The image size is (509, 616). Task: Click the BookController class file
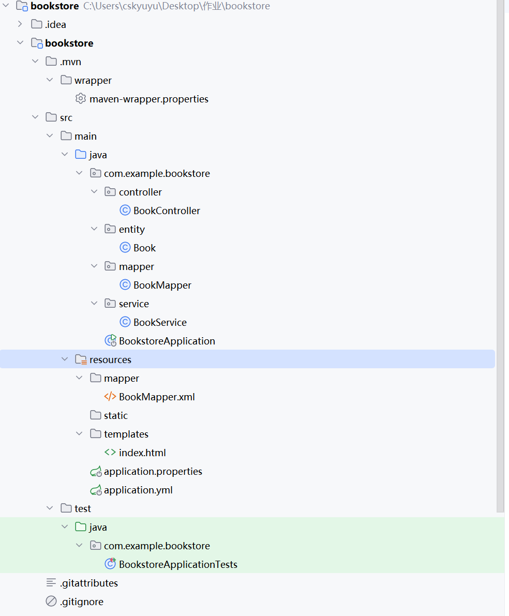click(x=166, y=211)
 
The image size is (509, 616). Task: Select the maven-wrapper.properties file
click(x=148, y=99)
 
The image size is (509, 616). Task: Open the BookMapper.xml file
click(x=156, y=397)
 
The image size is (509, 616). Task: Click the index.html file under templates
click(x=142, y=453)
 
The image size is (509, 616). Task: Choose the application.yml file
click(x=138, y=490)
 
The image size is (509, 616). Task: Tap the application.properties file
click(x=153, y=471)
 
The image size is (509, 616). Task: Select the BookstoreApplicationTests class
click(x=178, y=564)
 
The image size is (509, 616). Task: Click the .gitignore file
click(x=81, y=602)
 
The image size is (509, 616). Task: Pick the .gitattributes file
click(x=88, y=583)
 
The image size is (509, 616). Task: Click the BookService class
click(x=160, y=322)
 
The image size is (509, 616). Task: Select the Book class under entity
click(x=144, y=248)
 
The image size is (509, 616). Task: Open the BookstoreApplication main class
click(x=167, y=341)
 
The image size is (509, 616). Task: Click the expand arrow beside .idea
click(x=20, y=24)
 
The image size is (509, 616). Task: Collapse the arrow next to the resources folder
click(x=65, y=359)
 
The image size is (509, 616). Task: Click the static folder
click(x=115, y=415)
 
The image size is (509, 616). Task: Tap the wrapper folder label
click(x=93, y=80)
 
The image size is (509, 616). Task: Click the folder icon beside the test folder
click(x=66, y=508)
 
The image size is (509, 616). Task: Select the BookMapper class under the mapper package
click(x=162, y=285)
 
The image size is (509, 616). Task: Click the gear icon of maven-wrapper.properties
click(x=80, y=99)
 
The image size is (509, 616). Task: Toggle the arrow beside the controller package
click(x=94, y=192)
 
